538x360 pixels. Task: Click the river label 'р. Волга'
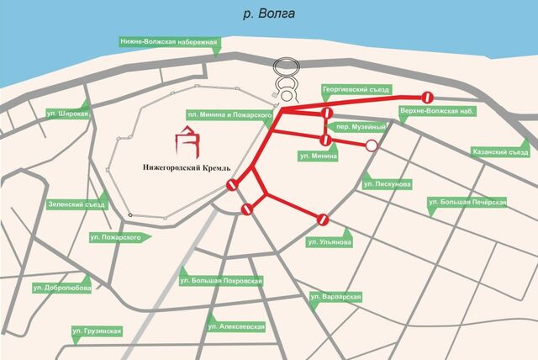click(268, 14)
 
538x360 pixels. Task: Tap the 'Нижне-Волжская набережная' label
click(170, 42)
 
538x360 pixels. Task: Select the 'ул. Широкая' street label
click(68, 114)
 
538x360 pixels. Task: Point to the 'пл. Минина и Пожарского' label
click(229, 114)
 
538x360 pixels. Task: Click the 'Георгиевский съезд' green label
click(356, 89)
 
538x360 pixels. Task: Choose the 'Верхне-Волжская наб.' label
click(432, 111)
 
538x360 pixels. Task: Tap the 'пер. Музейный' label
click(361, 126)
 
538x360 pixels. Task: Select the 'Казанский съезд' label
click(499, 152)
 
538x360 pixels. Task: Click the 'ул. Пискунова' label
click(388, 183)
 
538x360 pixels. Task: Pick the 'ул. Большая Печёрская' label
click(467, 202)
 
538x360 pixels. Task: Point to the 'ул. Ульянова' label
click(330, 242)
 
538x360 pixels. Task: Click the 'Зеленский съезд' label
click(77, 204)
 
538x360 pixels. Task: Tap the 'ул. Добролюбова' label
click(61, 288)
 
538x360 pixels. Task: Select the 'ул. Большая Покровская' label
click(222, 280)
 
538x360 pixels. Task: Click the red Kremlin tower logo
click(188, 141)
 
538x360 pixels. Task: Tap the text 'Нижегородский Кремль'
click(180, 167)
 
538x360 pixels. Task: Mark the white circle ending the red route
click(371, 146)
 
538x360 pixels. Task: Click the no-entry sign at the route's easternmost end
click(427, 96)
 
